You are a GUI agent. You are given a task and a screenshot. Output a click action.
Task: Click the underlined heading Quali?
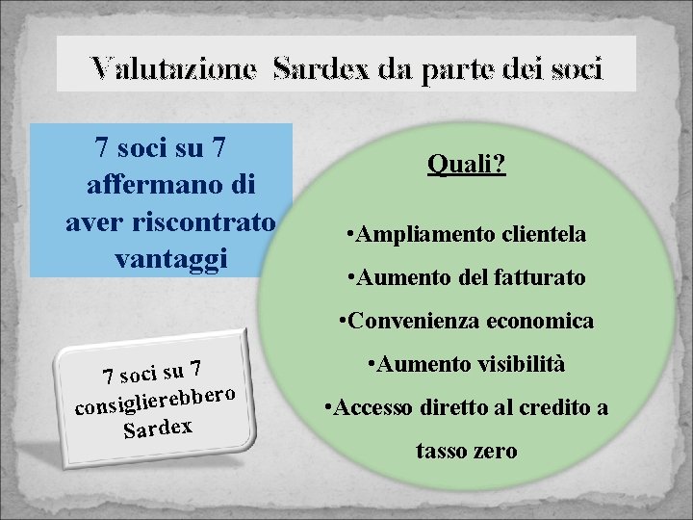tap(468, 167)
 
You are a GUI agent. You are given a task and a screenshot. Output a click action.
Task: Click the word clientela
tap(538, 233)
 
